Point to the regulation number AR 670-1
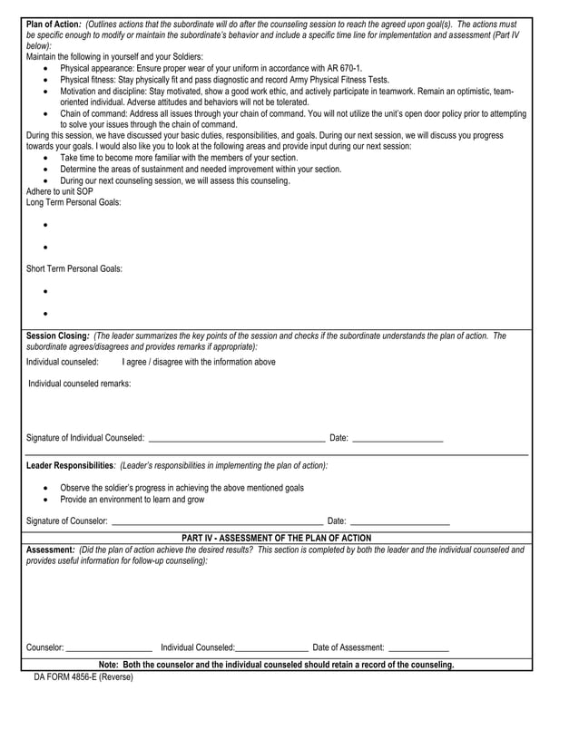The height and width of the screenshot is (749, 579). point(341,68)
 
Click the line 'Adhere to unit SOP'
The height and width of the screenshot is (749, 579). point(60,191)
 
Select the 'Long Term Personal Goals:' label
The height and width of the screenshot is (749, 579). point(74,202)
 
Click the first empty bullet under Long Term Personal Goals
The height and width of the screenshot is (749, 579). point(45,224)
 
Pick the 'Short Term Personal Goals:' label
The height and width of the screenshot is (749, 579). point(74,268)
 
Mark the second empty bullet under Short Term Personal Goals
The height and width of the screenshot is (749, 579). point(45,313)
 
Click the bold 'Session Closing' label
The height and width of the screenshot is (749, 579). point(58,336)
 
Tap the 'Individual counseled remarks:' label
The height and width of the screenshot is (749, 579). point(80,384)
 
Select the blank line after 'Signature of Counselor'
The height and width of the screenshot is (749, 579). point(216,521)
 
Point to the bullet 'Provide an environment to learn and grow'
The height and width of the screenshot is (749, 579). point(132,499)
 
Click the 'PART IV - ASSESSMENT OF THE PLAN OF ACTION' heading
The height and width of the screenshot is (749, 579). point(276,538)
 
